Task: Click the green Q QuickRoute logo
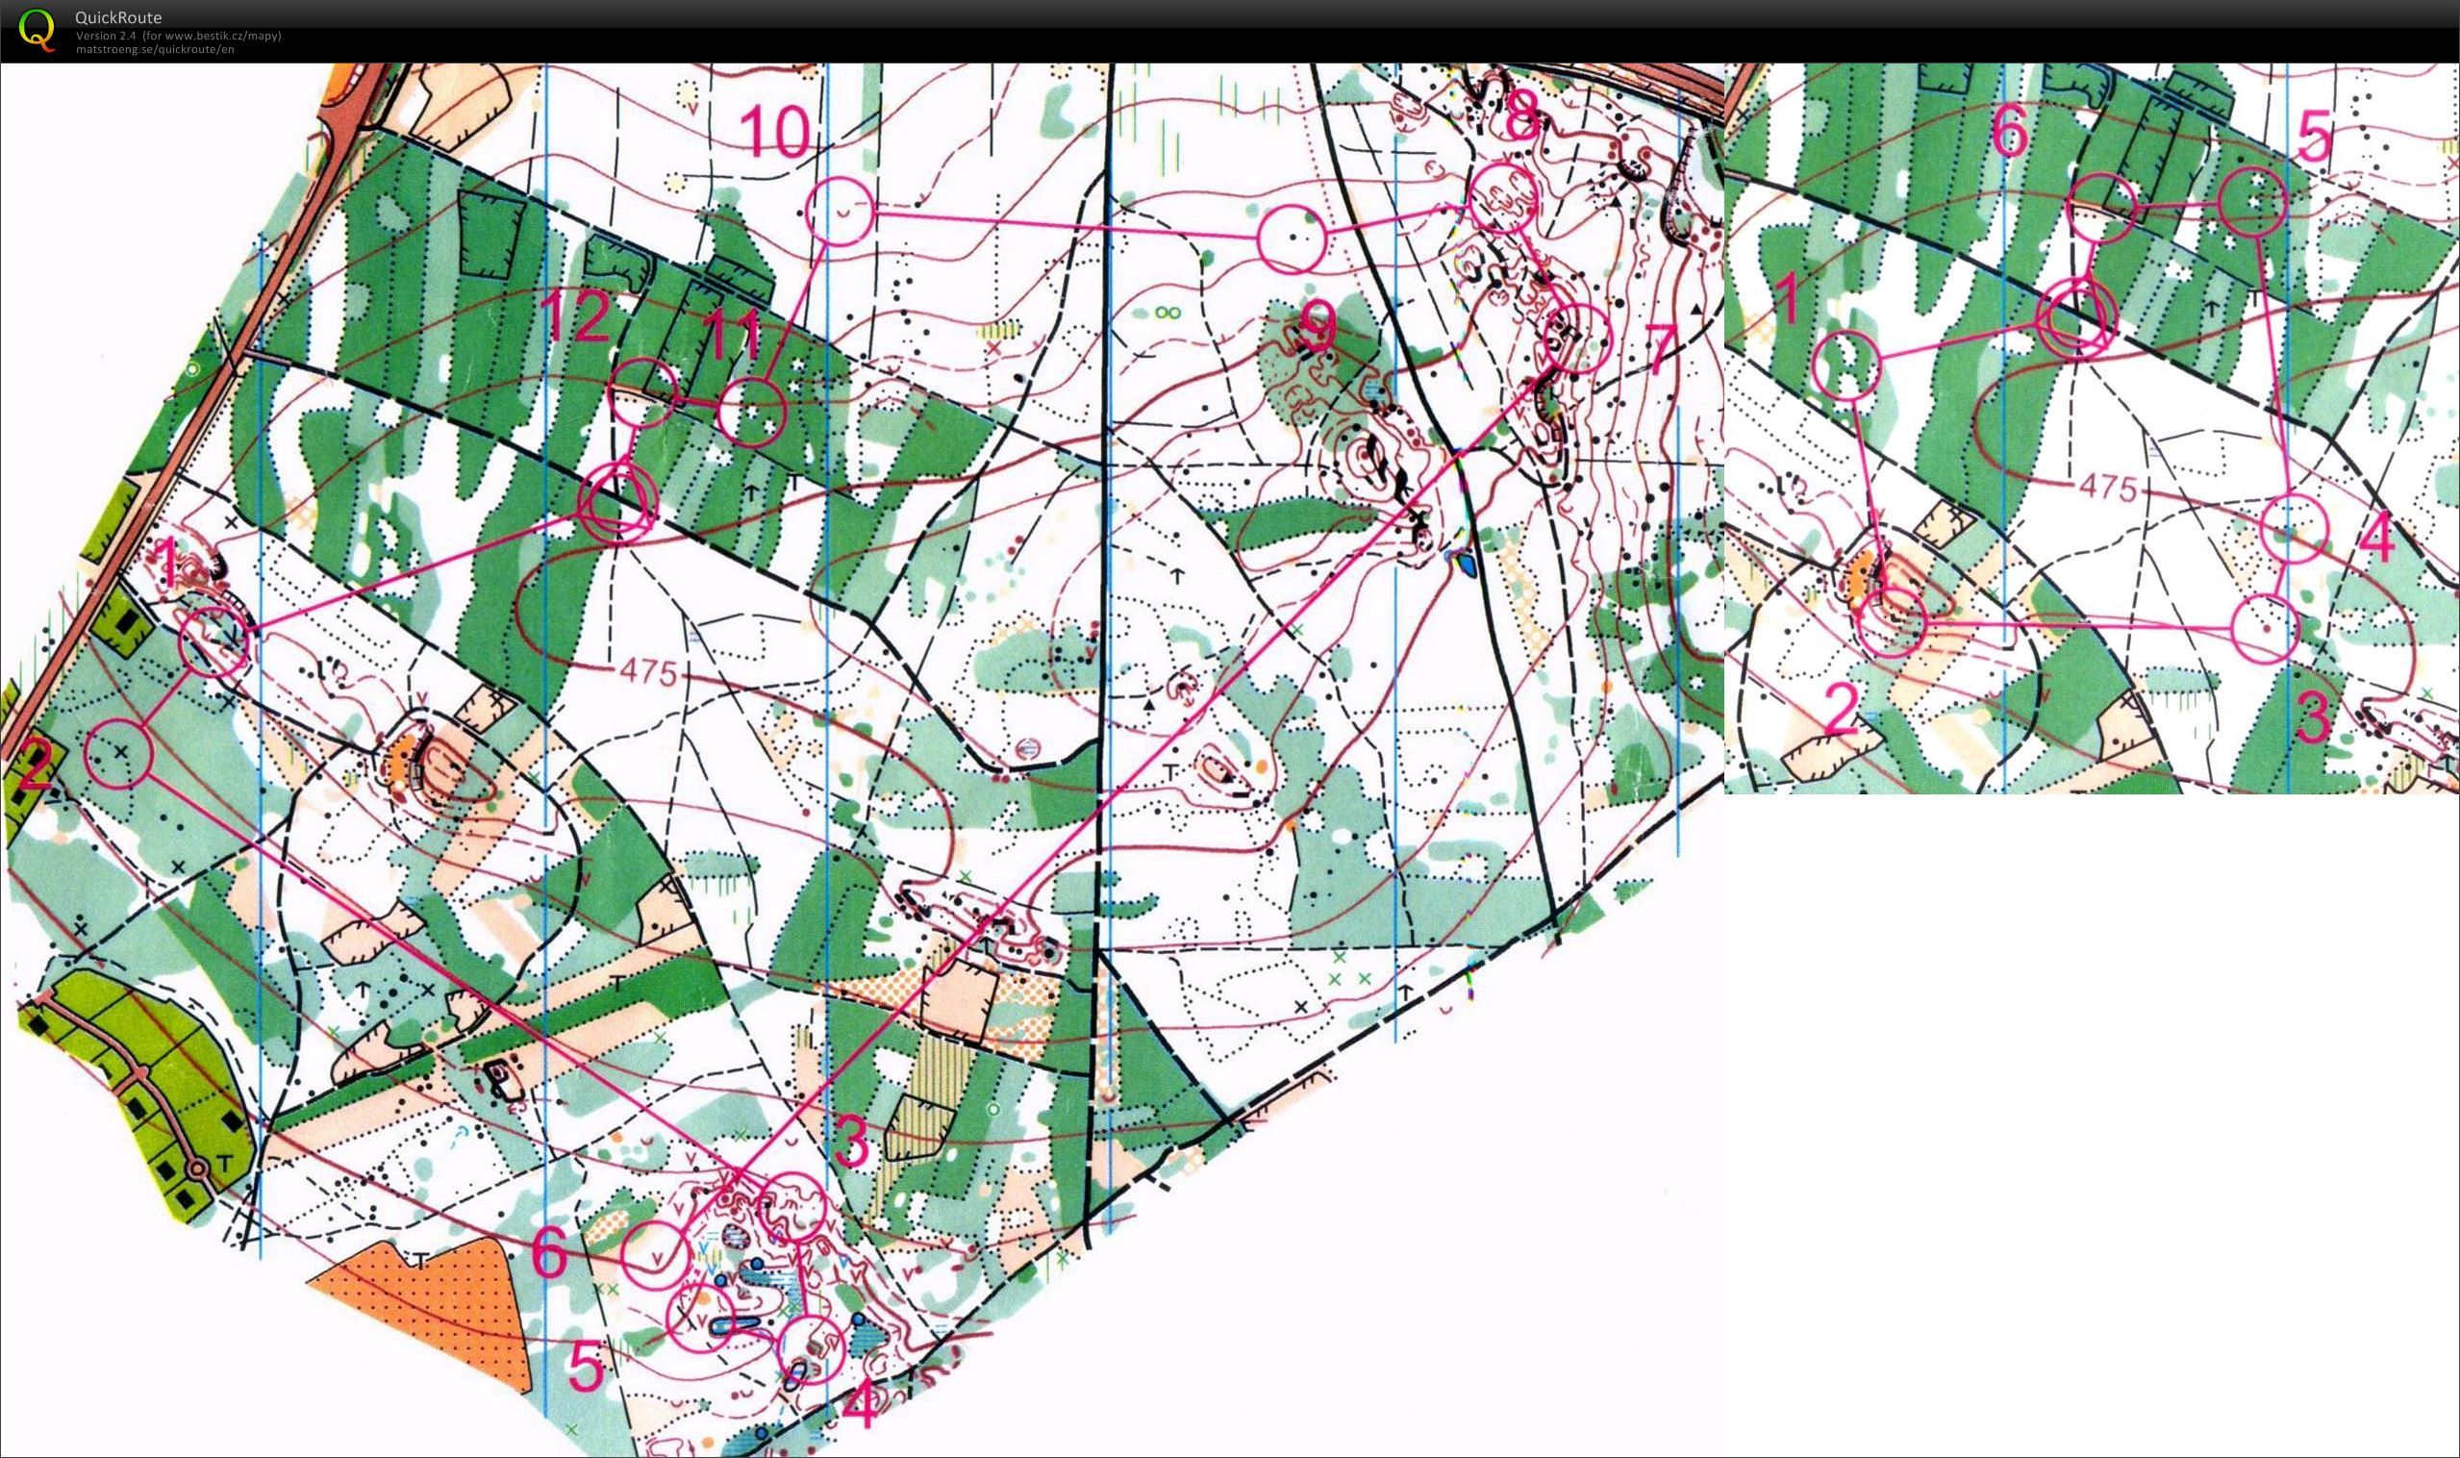(x=37, y=29)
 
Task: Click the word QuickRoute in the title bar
(x=118, y=16)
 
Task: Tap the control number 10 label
(x=775, y=132)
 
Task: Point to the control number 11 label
(x=733, y=335)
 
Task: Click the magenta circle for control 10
(x=840, y=211)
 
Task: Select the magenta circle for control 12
(x=644, y=391)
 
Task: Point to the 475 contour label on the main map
(x=648, y=672)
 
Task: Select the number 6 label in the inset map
(x=2010, y=130)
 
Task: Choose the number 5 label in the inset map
(x=2314, y=136)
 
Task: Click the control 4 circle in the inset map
(x=2294, y=530)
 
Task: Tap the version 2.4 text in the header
(x=108, y=36)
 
